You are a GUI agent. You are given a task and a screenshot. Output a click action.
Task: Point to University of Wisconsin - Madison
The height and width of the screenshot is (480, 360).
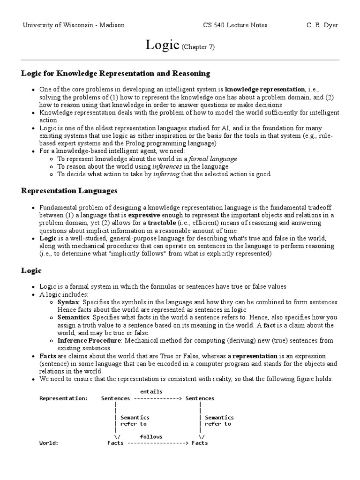pos(74,25)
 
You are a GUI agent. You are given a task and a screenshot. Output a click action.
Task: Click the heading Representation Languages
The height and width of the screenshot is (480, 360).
pos(69,191)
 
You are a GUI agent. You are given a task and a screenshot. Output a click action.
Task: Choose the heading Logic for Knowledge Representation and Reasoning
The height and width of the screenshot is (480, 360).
pos(116,74)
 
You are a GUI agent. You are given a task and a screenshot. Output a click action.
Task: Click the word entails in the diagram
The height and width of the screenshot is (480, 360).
pos(151,391)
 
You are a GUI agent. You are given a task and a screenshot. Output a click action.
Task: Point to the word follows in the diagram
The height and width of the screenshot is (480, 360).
pos(151,436)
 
